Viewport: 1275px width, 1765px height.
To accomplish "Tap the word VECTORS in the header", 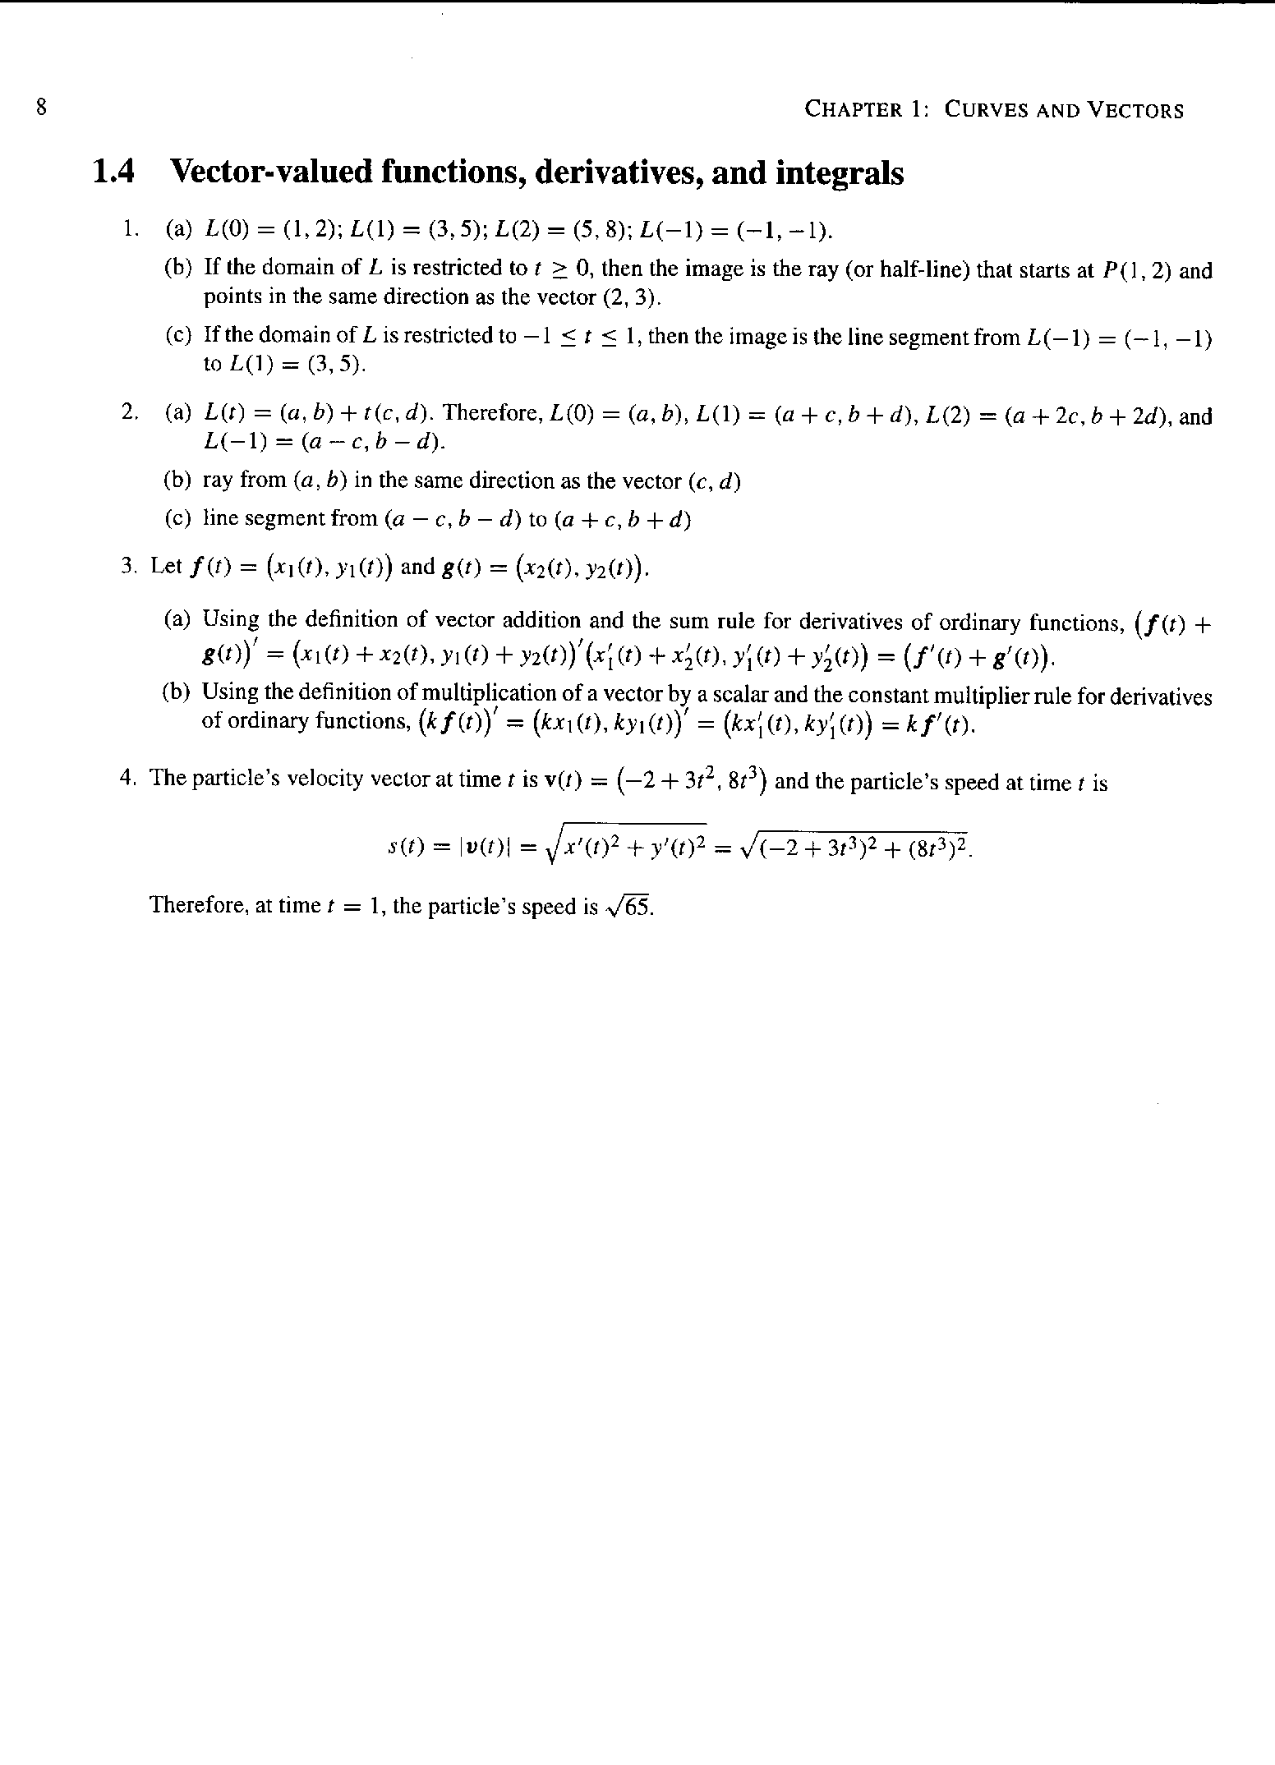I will [1135, 109].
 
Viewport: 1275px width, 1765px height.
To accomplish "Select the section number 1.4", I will [113, 172].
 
